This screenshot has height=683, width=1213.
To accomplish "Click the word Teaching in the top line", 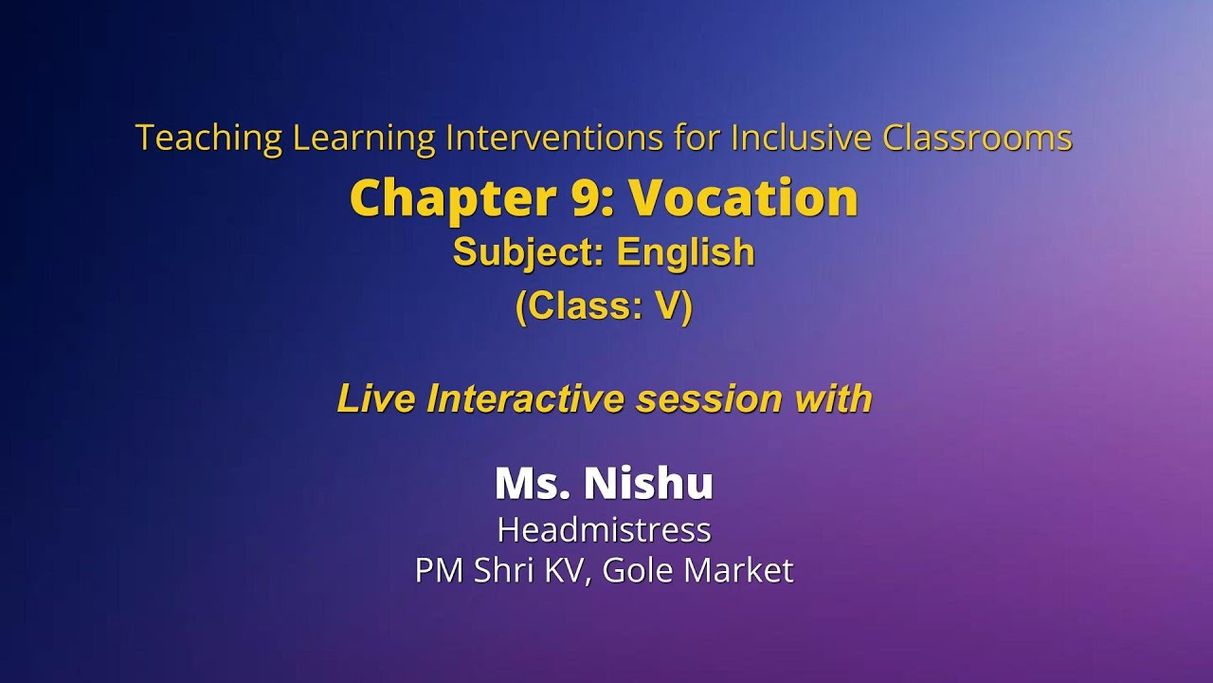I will [x=208, y=138].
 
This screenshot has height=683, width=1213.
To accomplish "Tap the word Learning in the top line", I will [x=363, y=138].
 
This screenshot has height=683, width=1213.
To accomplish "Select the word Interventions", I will [x=553, y=138].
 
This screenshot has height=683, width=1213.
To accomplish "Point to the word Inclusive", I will [x=801, y=138].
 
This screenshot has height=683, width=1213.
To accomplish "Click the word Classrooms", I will [x=977, y=138].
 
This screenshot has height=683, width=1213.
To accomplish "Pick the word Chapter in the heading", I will [x=448, y=198].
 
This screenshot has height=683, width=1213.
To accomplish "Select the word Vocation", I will [x=744, y=198].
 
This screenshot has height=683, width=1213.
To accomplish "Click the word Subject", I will [x=529, y=252].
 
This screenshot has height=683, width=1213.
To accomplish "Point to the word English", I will [x=685, y=252].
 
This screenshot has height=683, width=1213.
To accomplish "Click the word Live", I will [x=376, y=399].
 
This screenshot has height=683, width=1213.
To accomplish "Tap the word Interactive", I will [x=526, y=399].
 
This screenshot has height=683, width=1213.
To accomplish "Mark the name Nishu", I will [x=648, y=483].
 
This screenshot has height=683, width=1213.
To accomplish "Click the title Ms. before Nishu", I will [x=532, y=483].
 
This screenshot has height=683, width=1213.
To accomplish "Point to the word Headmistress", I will [x=604, y=529].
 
